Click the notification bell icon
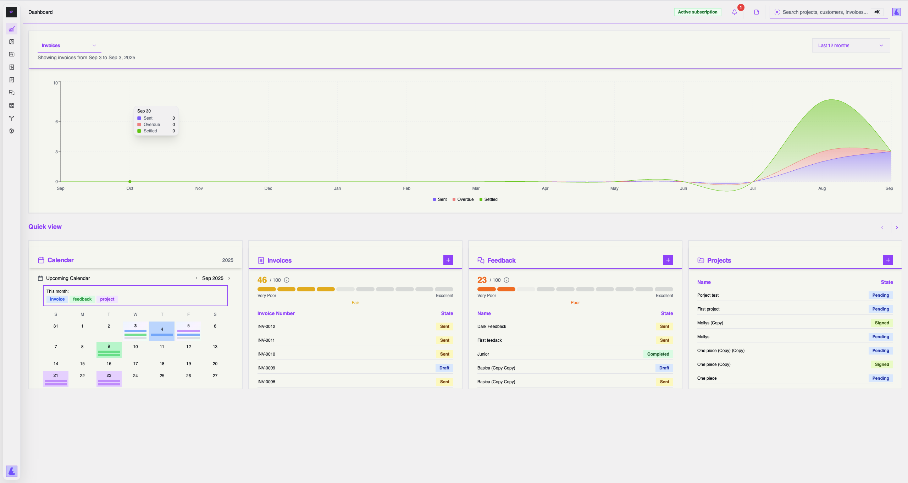click(x=734, y=12)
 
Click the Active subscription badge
click(x=697, y=12)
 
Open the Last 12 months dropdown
click(x=851, y=45)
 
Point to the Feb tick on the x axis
click(x=406, y=188)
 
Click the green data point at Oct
click(x=130, y=182)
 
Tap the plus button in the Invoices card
click(x=448, y=260)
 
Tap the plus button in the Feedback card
click(x=668, y=260)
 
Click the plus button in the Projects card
click(x=888, y=260)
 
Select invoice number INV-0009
click(x=266, y=368)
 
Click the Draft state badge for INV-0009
click(x=444, y=368)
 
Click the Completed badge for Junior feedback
click(x=658, y=354)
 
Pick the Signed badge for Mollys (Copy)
click(x=882, y=323)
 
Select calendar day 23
click(x=109, y=376)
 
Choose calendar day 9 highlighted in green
click(x=109, y=347)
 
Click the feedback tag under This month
click(x=82, y=299)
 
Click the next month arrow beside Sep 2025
click(x=229, y=278)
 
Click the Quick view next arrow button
click(x=896, y=227)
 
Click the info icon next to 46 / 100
click(x=287, y=280)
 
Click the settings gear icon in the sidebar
click(x=12, y=131)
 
